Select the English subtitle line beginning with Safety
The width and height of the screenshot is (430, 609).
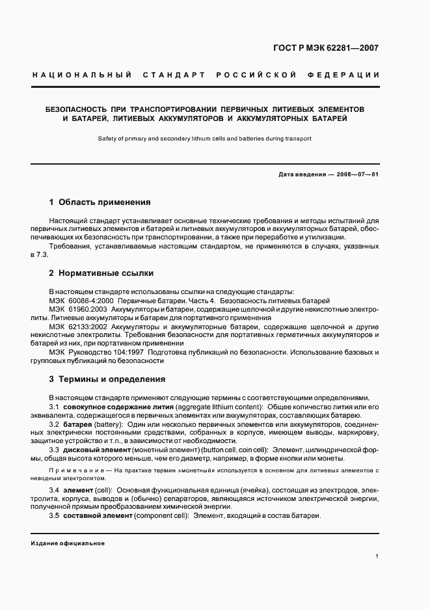(x=204, y=138)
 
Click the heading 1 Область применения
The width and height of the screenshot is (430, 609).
(x=100, y=202)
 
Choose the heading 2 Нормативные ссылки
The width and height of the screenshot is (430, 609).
(x=101, y=273)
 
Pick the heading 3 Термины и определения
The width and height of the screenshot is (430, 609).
(x=107, y=379)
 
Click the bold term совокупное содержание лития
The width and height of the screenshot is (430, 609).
(x=109, y=407)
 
